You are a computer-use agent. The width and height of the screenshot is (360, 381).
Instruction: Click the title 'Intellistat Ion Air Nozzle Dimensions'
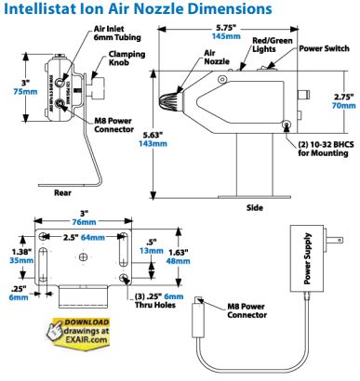coord(140,10)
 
